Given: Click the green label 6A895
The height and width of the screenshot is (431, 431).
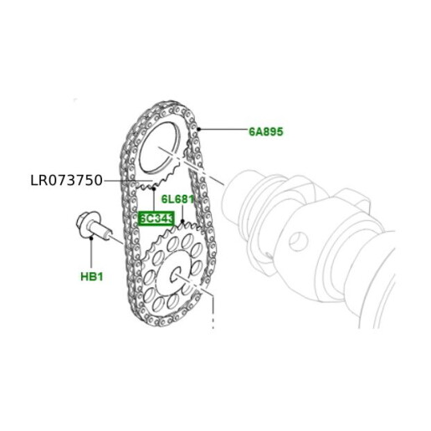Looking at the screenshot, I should tap(267, 132).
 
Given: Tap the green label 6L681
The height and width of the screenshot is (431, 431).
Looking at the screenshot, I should tap(177, 199).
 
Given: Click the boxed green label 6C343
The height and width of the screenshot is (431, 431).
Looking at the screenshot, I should tap(156, 218).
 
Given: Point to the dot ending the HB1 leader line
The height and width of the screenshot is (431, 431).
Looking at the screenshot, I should tap(90, 238).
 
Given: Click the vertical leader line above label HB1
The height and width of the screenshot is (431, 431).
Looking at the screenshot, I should tap(90, 251).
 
